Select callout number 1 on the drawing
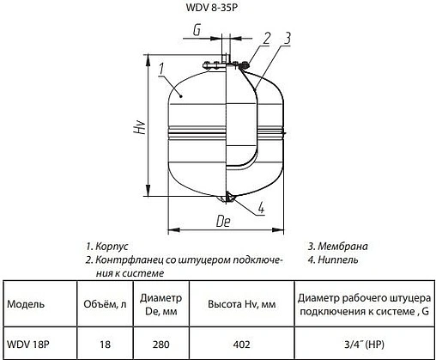160,64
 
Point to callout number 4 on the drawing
260,205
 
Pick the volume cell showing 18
106,345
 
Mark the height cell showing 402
242,345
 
